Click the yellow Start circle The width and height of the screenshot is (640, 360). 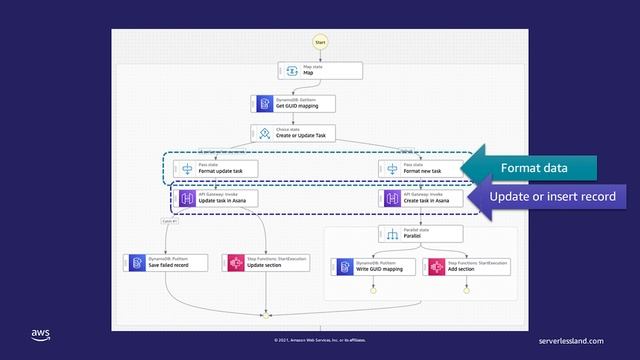point(320,42)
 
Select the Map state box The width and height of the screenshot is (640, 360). point(320,71)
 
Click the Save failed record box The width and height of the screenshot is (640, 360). point(165,263)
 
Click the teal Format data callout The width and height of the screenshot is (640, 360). point(535,166)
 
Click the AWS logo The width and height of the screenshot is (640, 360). point(40,334)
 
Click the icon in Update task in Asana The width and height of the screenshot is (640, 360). point(186,199)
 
